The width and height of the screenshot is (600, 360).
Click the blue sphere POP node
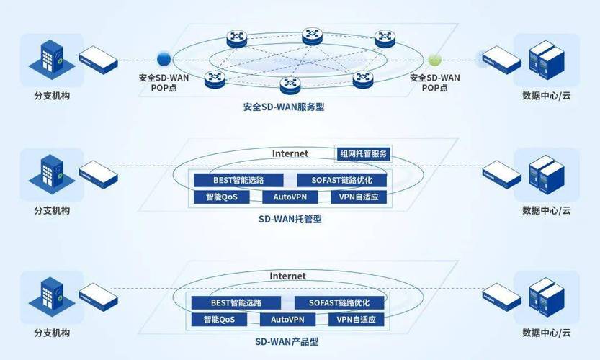click(x=164, y=58)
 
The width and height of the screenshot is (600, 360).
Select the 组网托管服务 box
click(x=364, y=153)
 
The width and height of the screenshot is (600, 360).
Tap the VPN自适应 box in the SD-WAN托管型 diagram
click(x=359, y=197)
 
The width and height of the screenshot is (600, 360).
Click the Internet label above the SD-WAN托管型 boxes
click(x=290, y=153)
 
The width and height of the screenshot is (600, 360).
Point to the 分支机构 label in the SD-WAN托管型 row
click(x=52, y=211)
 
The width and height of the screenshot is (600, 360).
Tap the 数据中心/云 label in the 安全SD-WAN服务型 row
click(x=546, y=96)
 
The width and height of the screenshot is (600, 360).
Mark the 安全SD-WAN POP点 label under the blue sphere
click(x=164, y=83)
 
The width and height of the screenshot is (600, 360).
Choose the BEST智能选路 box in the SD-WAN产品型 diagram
click(x=236, y=303)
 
